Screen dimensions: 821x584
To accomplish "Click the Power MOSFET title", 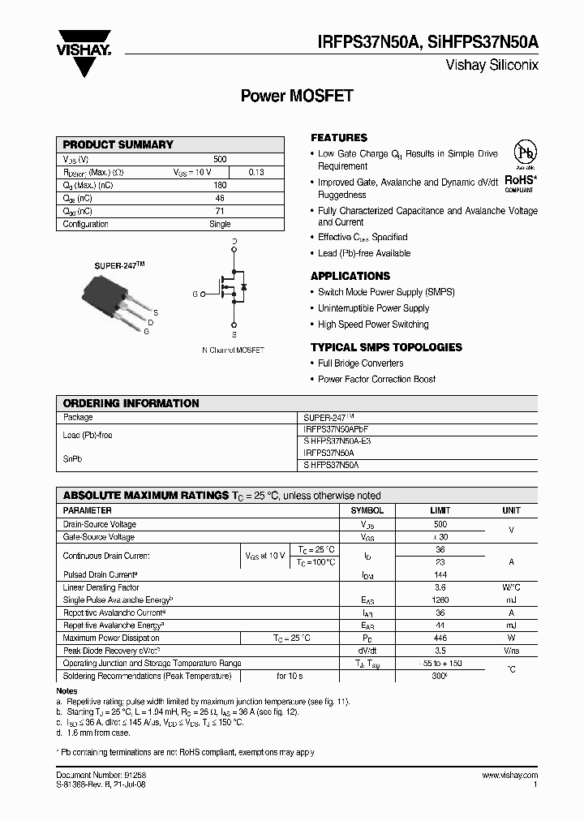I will tap(297, 96).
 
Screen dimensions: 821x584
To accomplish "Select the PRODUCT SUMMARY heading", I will tap(118, 144).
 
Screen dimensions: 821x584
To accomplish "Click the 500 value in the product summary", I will tap(220, 159).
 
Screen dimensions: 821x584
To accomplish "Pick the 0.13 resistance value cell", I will tap(255, 172).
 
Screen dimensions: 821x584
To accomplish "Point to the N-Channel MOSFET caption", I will tap(233, 350).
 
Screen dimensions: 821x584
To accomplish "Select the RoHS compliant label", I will tap(520, 182).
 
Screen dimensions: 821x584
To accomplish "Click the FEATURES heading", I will tap(339, 138).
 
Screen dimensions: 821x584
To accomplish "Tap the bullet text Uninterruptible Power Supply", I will tap(373, 308).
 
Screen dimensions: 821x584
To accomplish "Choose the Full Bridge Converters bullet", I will tap(360, 363).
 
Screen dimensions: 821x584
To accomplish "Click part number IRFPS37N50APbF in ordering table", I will tap(341, 428).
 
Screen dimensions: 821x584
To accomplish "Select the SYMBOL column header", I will tap(367, 511).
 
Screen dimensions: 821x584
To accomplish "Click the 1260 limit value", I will tap(440, 600).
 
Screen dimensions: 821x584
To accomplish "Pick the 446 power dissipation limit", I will tap(440, 638).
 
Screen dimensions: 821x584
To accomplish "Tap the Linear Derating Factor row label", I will tap(101, 587).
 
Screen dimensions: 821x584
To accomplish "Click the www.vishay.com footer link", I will tap(510, 776).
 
